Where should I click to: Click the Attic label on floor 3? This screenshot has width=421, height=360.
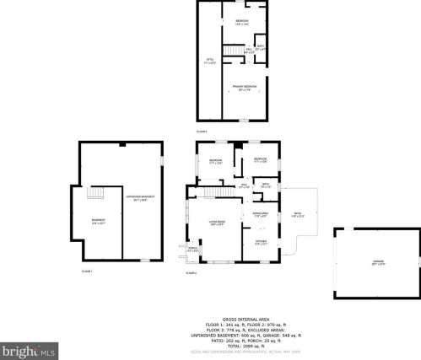(211, 61)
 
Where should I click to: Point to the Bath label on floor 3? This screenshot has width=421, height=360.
(261, 47)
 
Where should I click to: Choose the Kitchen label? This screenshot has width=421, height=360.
(261, 244)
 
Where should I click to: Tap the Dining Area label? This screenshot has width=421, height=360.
(261, 214)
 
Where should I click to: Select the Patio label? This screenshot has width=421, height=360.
(296, 215)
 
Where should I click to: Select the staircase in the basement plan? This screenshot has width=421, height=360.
(94, 195)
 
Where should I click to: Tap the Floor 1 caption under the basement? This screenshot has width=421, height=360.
(87, 271)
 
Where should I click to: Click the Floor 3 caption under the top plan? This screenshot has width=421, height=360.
(202, 132)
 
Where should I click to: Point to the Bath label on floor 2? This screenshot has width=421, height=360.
(265, 185)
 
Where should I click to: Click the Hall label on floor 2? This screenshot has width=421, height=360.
(244, 185)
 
